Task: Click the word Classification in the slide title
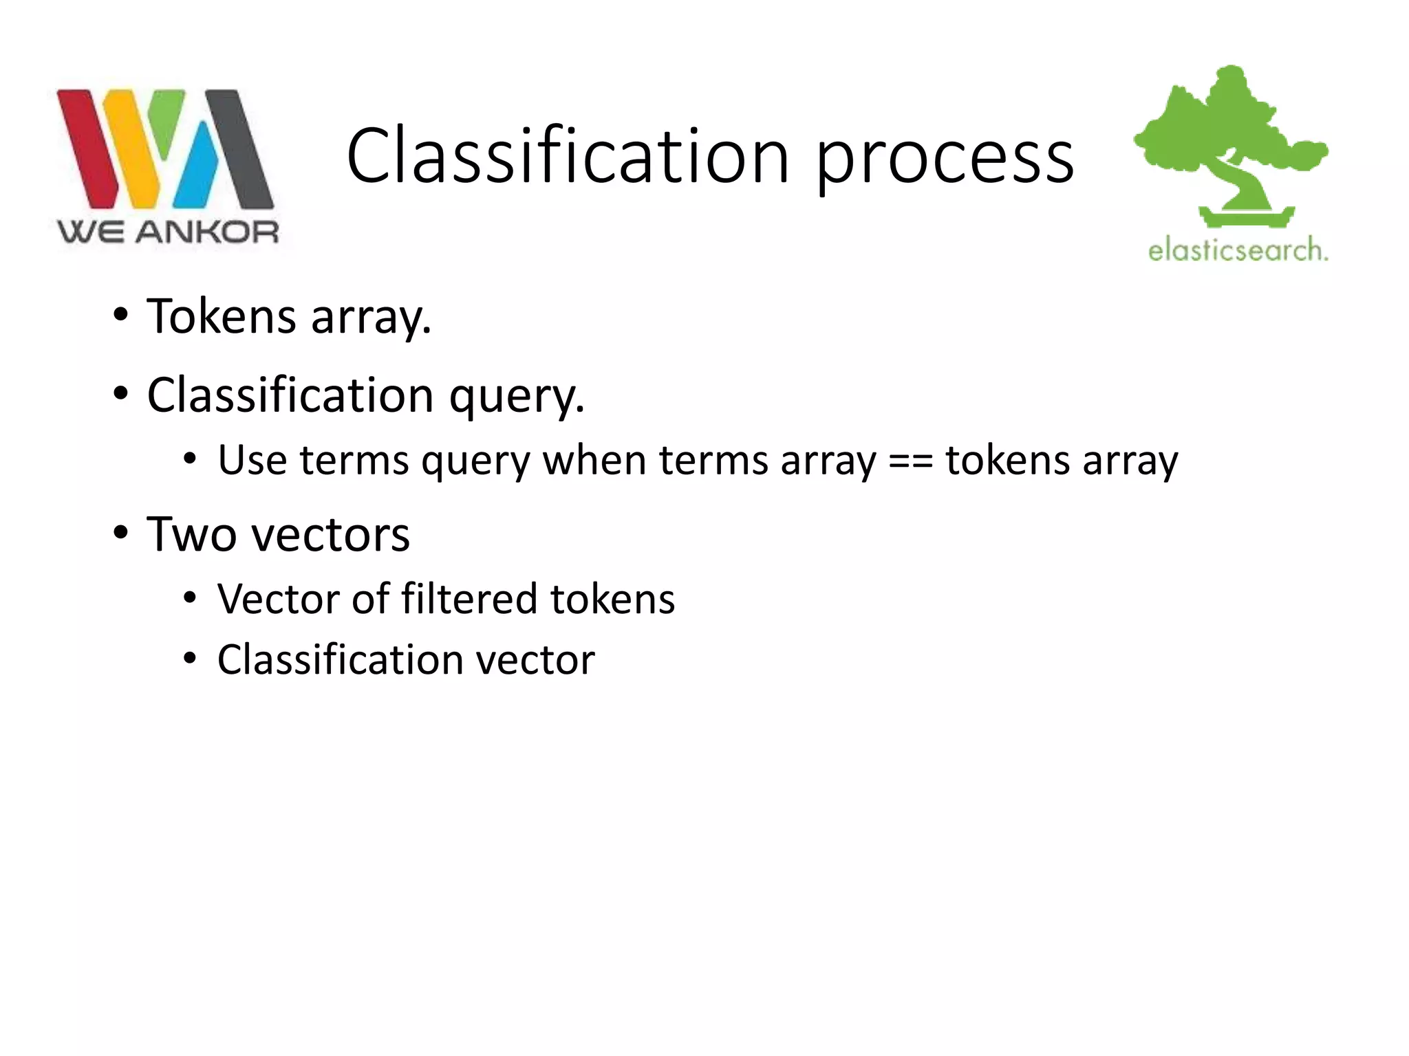(x=568, y=157)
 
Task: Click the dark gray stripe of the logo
(x=241, y=148)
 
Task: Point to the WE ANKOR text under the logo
(x=168, y=232)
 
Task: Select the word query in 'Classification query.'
(x=516, y=397)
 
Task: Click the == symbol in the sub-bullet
(x=910, y=460)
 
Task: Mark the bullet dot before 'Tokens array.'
(x=121, y=316)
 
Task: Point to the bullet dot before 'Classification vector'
(x=191, y=659)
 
